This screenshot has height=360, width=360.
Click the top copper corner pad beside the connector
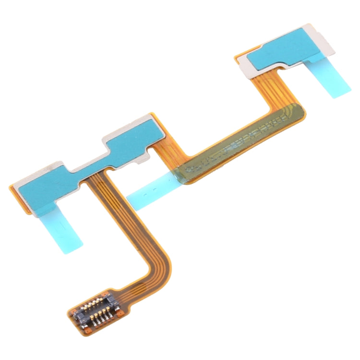pyautogui.click(x=106, y=291)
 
